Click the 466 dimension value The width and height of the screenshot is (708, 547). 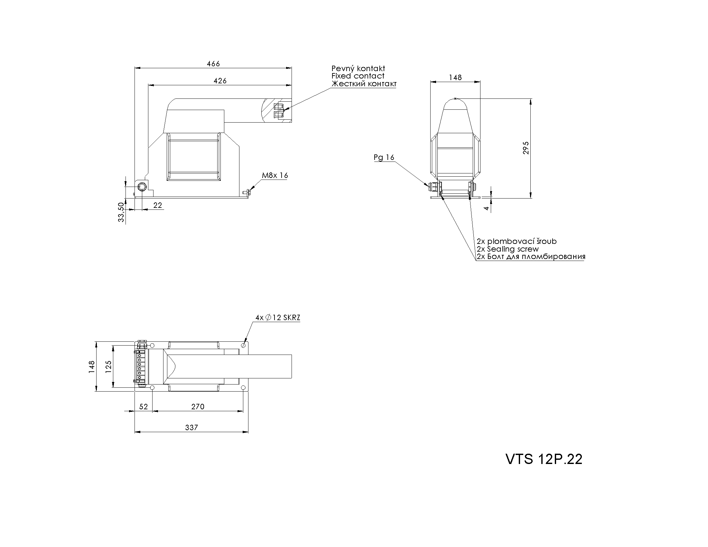pyautogui.click(x=213, y=63)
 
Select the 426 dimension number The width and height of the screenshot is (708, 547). pyautogui.click(x=220, y=81)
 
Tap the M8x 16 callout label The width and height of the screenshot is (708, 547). pyautogui.click(x=275, y=175)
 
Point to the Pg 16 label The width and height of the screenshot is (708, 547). pyautogui.click(x=384, y=157)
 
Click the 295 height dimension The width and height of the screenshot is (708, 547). pyautogui.click(x=526, y=148)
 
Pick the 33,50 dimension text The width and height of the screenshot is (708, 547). pyautogui.click(x=121, y=212)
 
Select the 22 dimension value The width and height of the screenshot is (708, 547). pyautogui.click(x=158, y=205)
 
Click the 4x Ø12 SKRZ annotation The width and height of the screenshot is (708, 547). pyautogui.click(x=278, y=318)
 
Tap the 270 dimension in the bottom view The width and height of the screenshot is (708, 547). pyautogui.click(x=198, y=407)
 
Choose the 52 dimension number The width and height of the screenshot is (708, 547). pyautogui.click(x=144, y=407)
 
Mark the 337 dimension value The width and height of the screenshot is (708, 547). pyautogui.click(x=191, y=427)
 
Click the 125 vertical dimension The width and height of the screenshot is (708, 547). pyautogui.click(x=108, y=367)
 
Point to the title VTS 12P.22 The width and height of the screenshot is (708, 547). pyautogui.click(x=544, y=459)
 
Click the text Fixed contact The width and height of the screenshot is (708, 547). pyautogui.click(x=358, y=76)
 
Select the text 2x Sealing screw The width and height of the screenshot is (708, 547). pyautogui.click(x=508, y=249)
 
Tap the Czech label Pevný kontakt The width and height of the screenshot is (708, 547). pyautogui.click(x=358, y=68)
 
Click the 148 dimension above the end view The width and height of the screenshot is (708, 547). pyautogui.click(x=455, y=78)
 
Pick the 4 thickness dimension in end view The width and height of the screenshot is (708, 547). pyautogui.click(x=487, y=208)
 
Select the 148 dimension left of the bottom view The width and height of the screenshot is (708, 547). pyautogui.click(x=92, y=367)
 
